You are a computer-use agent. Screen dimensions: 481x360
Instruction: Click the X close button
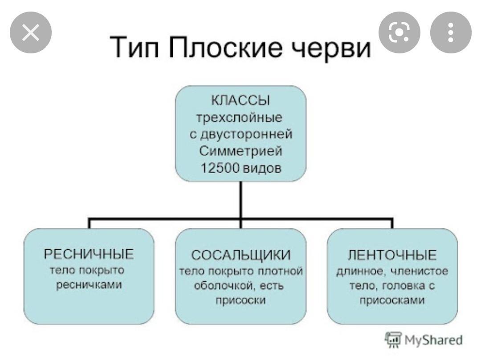click(x=30, y=33)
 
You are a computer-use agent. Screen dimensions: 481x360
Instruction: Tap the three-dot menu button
click(x=450, y=33)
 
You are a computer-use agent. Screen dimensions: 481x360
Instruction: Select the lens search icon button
click(x=399, y=33)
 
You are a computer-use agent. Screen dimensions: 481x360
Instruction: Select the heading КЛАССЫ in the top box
click(x=240, y=101)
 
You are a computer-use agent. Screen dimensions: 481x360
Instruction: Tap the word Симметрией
click(x=240, y=151)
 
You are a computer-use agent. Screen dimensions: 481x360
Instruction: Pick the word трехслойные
click(x=240, y=118)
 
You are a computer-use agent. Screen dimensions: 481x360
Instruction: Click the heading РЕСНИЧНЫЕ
click(x=89, y=254)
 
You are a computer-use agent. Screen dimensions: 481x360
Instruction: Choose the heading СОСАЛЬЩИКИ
click(x=240, y=255)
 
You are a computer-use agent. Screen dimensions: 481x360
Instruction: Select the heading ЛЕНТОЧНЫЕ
click(x=392, y=255)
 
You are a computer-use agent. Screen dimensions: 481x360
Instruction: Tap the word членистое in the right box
click(x=417, y=271)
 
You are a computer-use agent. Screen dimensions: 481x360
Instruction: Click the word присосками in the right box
click(x=392, y=300)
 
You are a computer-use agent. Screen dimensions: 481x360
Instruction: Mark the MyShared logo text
click(x=433, y=340)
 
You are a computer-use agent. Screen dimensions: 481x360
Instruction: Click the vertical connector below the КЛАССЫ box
click(x=240, y=200)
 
